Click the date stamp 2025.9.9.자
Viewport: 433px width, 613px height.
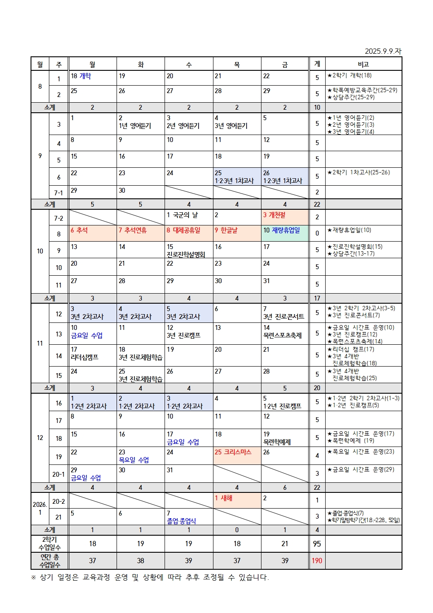383,51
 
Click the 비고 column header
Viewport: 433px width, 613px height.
363,64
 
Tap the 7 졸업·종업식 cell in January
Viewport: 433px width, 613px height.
189,517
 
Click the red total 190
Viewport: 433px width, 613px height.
317,561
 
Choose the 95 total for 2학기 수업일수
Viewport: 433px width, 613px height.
317,544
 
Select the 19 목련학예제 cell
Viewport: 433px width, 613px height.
285,438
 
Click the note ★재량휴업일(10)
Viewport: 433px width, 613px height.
349,230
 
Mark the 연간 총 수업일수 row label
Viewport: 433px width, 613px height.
50,561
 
